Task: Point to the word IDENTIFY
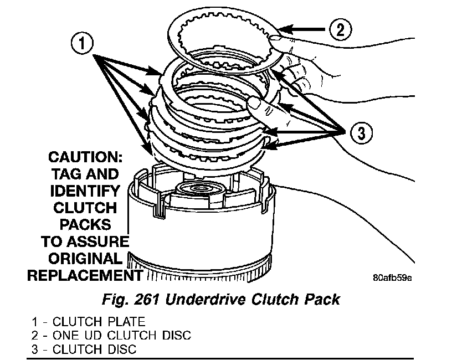(85, 191)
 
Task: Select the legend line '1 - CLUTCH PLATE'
(89, 321)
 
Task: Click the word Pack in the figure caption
(323, 300)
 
